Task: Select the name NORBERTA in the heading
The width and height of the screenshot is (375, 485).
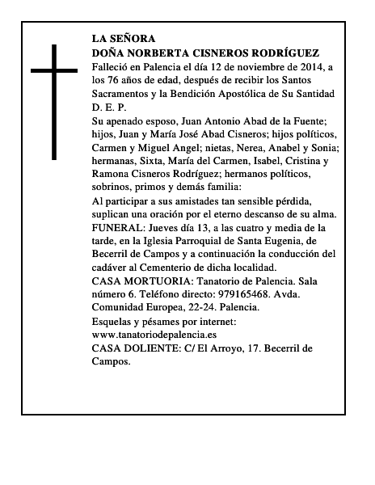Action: point(161,51)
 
